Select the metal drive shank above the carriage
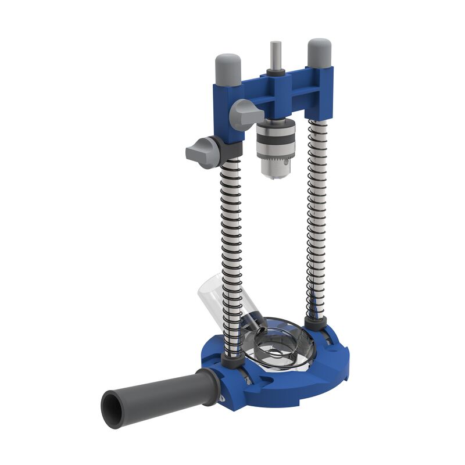[275, 55]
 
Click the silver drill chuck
[276, 142]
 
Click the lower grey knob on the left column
[201, 152]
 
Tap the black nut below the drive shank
[276, 73]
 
